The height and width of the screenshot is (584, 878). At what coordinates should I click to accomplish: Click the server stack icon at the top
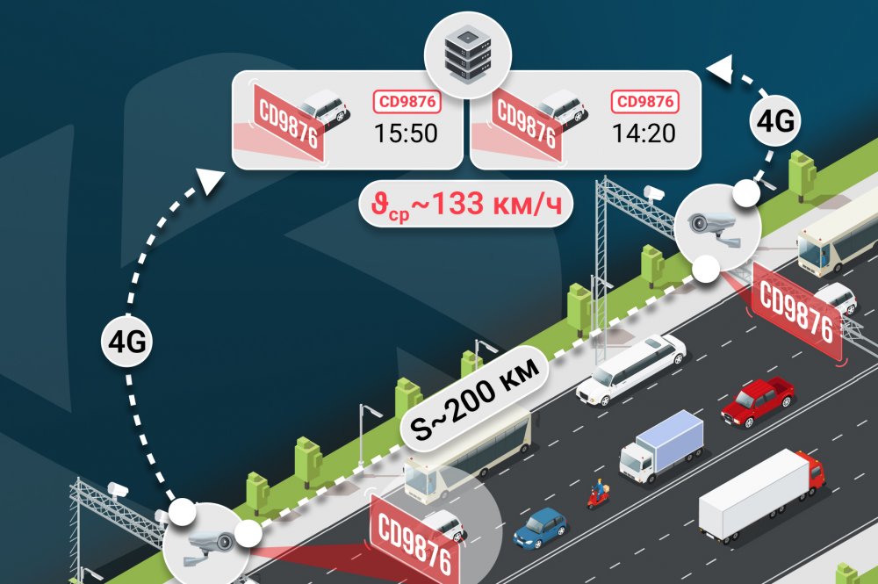pos(468,55)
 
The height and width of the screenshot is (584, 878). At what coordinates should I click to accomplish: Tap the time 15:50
pos(406,133)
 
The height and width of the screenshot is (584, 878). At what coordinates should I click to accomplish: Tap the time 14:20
pos(644,133)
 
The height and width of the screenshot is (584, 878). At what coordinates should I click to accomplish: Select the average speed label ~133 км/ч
pos(465,205)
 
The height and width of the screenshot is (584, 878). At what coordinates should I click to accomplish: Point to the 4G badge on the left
pos(127,341)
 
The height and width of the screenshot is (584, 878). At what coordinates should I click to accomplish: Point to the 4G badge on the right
pos(775,120)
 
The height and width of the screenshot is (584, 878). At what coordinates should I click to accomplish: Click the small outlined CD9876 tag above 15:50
pos(407,101)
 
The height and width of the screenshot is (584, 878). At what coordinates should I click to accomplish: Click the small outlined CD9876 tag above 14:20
pos(645,101)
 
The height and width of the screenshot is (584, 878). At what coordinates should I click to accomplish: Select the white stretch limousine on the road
pos(631,371)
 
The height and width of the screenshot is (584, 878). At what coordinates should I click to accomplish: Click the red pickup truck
pos(757,402)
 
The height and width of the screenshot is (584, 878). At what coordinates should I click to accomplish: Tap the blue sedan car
pos(540,528)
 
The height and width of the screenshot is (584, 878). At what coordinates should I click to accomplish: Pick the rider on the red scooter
pos(599,494)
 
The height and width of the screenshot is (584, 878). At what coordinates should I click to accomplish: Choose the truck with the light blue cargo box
pos(661,447)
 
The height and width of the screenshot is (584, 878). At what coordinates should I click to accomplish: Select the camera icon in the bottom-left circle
pos(206,544)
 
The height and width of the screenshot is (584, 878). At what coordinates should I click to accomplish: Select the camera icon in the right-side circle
pos(714,227)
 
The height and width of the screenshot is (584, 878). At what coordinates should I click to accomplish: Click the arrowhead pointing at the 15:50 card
pos(210,180)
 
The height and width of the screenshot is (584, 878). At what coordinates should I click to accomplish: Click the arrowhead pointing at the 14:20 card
pos(720,69)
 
